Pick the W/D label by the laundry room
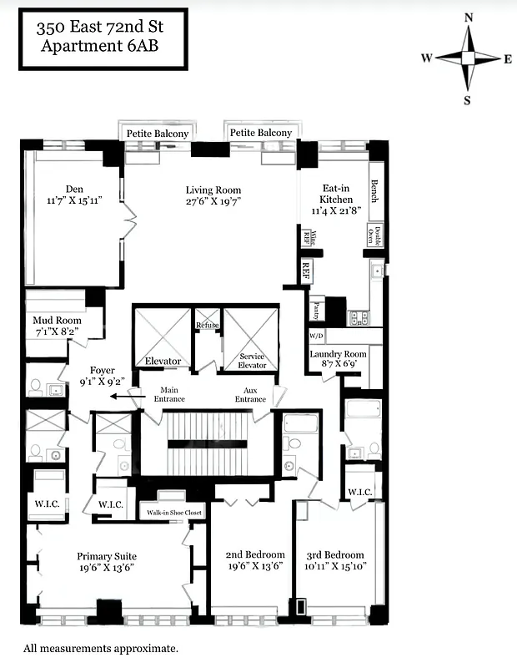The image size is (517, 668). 316,336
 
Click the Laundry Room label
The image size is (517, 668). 338,354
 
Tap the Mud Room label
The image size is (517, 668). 56,321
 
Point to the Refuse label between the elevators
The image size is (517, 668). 207,325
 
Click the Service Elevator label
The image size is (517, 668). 253,360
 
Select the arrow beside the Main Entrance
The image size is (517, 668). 125,398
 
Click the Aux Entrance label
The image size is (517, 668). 251,394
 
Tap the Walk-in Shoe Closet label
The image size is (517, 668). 170,512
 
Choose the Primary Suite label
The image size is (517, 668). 107,556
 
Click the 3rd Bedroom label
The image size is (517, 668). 337,554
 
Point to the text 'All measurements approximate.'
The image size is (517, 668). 100,647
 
